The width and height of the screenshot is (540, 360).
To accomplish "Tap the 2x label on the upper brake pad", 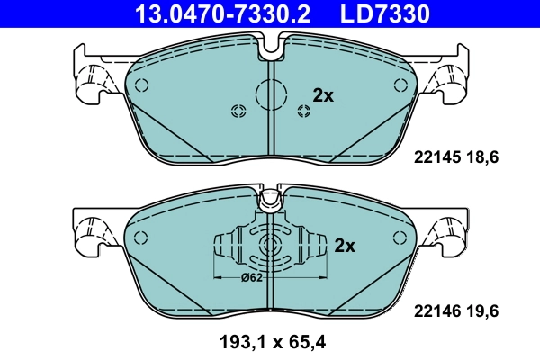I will click(322, 94).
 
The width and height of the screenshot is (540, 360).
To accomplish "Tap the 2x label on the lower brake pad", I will click(345, 245).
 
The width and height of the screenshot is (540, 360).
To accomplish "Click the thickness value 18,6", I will click(482, 156).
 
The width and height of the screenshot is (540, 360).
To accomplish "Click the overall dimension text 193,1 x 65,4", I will click(269, 342).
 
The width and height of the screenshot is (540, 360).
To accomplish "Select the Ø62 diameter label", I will click(253, 277).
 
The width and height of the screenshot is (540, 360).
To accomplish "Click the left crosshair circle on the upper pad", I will click(238, 111).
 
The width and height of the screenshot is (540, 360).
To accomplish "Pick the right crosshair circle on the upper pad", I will click(303, 111).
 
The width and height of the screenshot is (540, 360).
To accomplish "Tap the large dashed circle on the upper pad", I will click(270, 94).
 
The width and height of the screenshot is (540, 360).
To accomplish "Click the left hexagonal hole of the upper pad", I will click(140, 83).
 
